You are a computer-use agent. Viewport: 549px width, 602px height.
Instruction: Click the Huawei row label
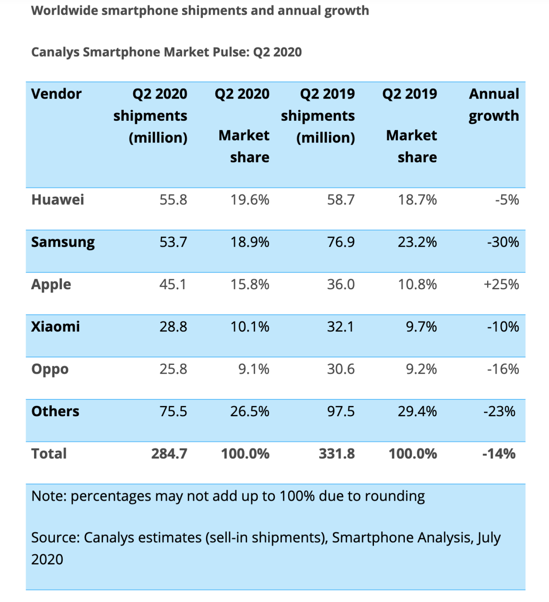(57, 200)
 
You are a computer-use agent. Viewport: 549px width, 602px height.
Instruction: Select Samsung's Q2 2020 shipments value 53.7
(173, 242)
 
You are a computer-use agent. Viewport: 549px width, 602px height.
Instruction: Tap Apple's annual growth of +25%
(501, 284)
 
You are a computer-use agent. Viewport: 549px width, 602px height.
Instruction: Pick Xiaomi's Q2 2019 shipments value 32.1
(340, 327)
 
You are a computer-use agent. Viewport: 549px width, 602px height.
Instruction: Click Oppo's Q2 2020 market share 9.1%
(254, 369)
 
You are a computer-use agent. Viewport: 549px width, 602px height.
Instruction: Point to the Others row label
(55, 411)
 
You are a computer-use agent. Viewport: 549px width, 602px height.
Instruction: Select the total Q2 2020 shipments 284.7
(169, 454)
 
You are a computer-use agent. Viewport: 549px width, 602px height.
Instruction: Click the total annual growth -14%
(499, 454)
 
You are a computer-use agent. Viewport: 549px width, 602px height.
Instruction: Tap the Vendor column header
(56, 94)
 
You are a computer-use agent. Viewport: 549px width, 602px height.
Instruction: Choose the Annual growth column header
(494, 105)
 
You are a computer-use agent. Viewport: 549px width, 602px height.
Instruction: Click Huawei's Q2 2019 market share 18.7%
(417, 200)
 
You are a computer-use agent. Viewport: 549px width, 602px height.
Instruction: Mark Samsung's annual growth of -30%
(503, 242)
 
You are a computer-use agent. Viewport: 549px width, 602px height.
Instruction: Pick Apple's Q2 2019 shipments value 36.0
(341, 284)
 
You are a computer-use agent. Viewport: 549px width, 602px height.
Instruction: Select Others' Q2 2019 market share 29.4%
(417, 411)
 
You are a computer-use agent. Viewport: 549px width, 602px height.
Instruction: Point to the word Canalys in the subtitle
(55, 52)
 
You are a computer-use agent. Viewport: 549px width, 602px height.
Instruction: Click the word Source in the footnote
(55, 538)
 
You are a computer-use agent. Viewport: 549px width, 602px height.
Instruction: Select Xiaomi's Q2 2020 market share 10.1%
(250, 327)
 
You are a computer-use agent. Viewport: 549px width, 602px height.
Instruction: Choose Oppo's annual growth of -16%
(503, 369)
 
